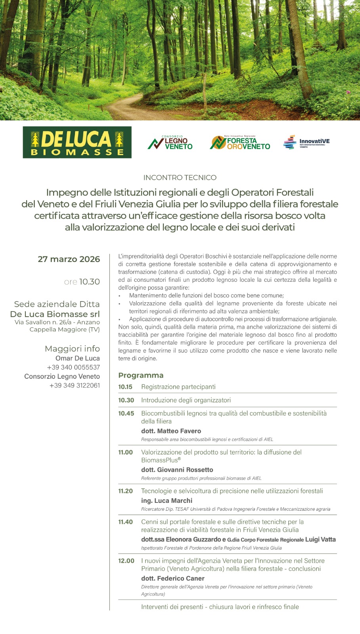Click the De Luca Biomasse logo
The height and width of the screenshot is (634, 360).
coord(77,142)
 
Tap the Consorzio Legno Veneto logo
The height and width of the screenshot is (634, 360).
coord(170,143)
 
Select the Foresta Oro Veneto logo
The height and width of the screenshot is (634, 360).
coord(240,143)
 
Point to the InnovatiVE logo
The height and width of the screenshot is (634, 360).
coord(306,142)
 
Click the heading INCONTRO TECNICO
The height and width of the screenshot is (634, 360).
coord(180,178)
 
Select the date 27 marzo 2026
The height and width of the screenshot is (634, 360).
coord(69,259)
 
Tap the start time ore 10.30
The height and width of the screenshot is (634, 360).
coord(82,282)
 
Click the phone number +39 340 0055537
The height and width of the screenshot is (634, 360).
coord(73,367)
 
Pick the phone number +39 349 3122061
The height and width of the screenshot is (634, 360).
coord(75,386)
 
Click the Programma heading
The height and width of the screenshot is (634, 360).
coord(141,375)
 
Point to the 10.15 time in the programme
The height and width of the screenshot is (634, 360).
coord(125,387)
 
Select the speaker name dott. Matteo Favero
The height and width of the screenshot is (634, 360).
coord(171,431)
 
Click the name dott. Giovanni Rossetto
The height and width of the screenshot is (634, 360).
coord(177,470)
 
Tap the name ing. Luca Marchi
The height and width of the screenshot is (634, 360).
coord(167,501)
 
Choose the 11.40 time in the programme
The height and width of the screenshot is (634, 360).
coord(125,522)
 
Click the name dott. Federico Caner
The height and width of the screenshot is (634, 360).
coord(173,579)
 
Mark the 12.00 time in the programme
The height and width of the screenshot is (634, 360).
coord(126,561)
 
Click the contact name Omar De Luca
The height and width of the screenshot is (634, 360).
coord(78,358)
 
